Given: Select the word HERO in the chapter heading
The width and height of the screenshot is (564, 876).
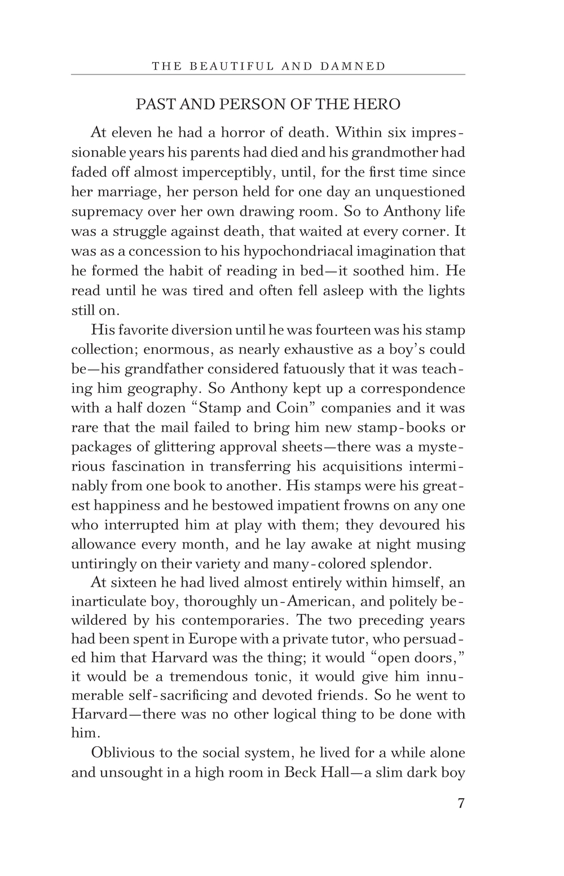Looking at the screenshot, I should click(x=381, y=104).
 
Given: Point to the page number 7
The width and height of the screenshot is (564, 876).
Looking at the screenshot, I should click(x=461, y=804).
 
